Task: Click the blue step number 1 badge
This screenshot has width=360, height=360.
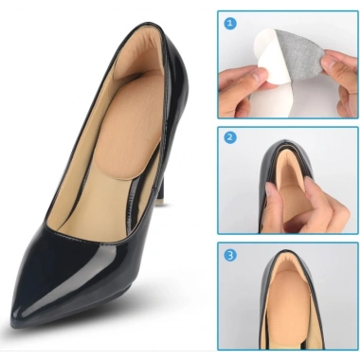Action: point(229,23)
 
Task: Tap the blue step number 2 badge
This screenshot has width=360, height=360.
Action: point(229,137)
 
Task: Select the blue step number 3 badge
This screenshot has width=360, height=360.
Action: point(230,255)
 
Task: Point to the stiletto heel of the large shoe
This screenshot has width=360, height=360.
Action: point(161,183)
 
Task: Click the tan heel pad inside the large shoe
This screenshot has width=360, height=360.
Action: point(130,126)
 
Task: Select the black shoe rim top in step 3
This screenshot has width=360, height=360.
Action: point(287,253)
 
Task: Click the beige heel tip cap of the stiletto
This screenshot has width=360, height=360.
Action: point(161,202)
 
